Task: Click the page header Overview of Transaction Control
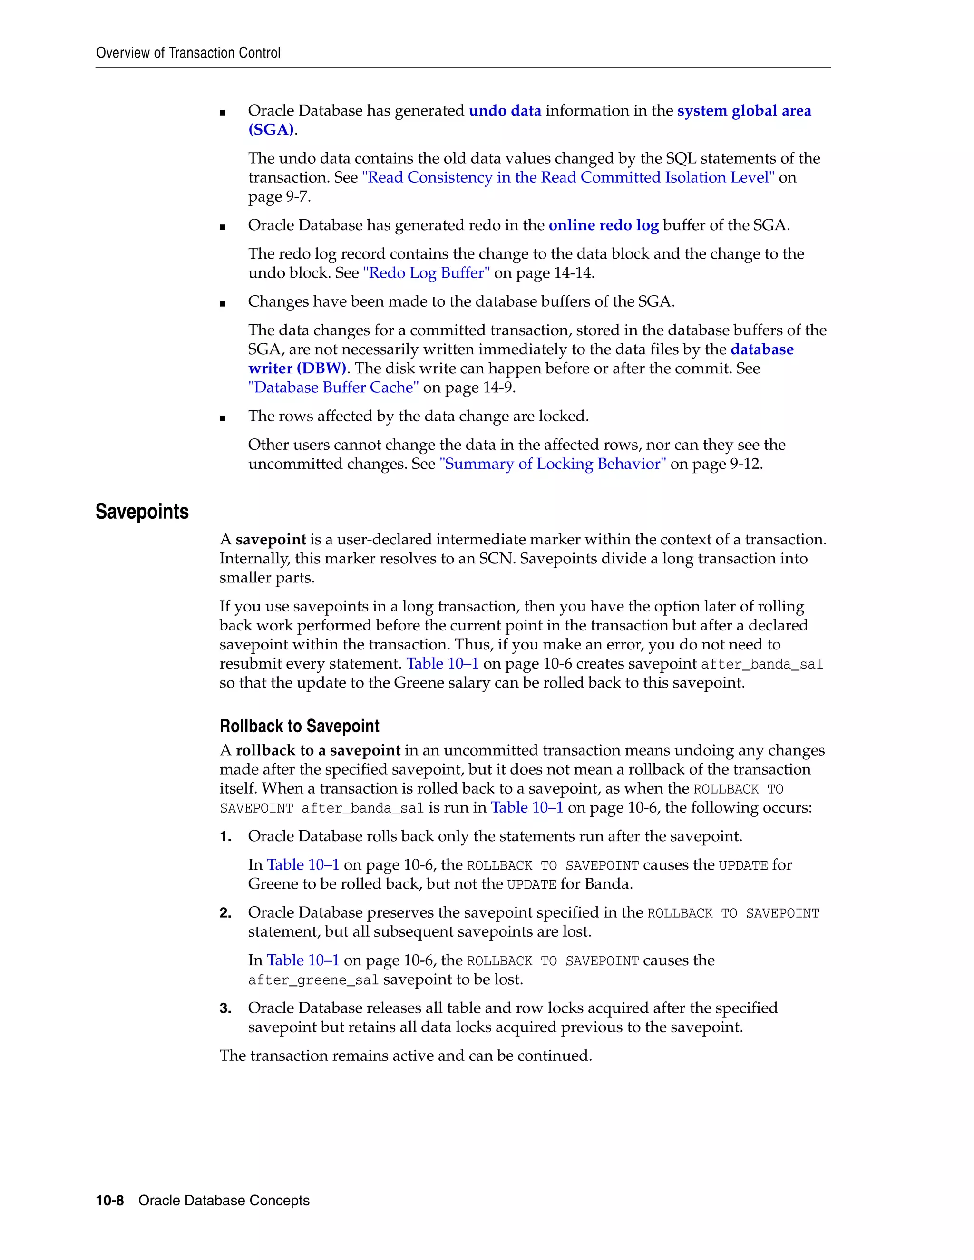click(188, 53)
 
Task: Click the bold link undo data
click(505, 111)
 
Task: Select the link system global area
click(744, 111)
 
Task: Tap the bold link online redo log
click(604, 225)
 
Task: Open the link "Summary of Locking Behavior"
click(553, 464)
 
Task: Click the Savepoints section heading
click(142, 512)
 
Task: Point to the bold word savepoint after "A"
click(271, 540)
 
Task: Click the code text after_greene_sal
click(313, 979)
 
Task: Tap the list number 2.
click(225, 913)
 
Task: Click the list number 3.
click(225, 1008)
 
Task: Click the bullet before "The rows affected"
click(223, 417)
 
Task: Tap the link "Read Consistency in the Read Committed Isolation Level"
click(568, 178)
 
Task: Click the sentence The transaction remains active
click(406, 1056)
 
